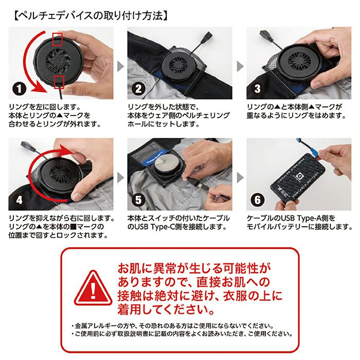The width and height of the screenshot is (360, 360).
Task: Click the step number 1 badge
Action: click(19, 89)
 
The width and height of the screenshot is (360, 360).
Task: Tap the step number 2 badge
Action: click(138, 89)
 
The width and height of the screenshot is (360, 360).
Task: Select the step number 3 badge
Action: click(258, 89)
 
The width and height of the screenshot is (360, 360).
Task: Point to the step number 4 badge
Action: click(19, 200)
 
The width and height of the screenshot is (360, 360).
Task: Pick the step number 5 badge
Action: click(138, 200)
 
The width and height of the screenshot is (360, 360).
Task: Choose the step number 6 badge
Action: click(258, 200)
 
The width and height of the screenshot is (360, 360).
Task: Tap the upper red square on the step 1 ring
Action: click(58, 39)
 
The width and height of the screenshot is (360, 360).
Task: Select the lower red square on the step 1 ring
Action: click(59, 82)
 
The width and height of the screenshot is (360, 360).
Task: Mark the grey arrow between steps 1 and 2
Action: click(120, 66)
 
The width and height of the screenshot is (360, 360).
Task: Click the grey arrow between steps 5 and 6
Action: click(240, 177)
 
